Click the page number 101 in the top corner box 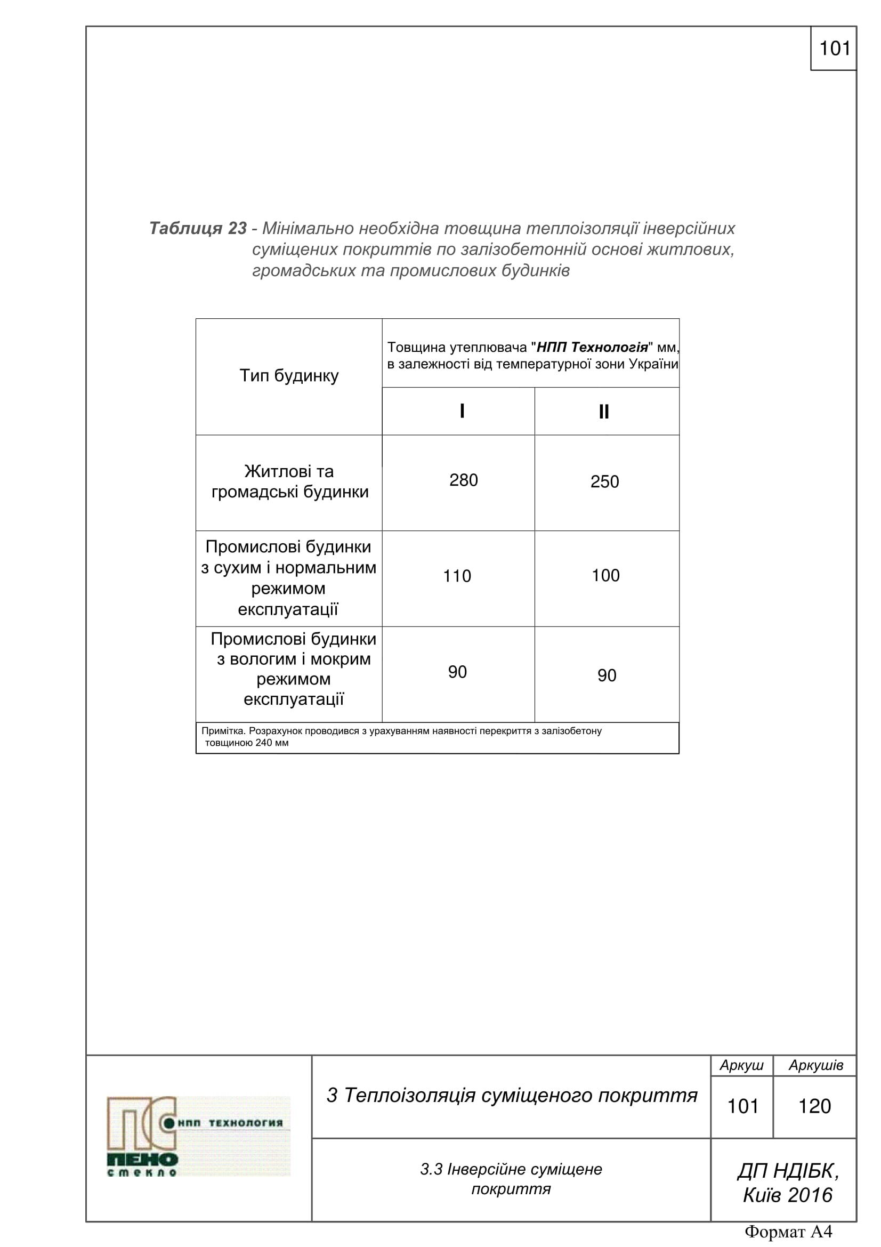(x=834, y=49)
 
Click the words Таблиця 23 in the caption (x=198, y=228)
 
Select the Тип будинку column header (x=289, y=376)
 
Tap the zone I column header (x=462, y=411)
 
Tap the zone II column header (x=604, y=412)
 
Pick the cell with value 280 (x=463, y=481)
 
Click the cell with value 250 (x=604, y=482)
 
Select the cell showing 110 (x=457, y=576)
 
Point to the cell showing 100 (x=605, y=576)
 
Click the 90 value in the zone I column (x=457, y=672)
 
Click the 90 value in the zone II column (x=607, y=675)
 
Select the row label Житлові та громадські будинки (x=289, y=482)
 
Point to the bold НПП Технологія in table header (x=592, y=347)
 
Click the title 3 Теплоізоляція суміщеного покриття (x=511, y=1096)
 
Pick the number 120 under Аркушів (x=814, y=1106)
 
